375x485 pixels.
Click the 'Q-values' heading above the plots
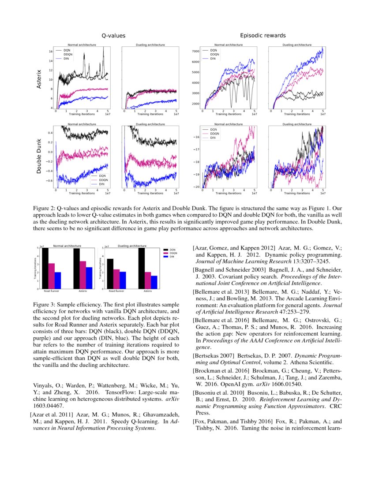[x=113, y=35]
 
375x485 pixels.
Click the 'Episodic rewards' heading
[x=263, y=35]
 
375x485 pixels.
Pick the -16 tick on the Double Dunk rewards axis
[x=197, y=137]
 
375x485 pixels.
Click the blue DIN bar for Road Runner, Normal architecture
[x=57, y=280]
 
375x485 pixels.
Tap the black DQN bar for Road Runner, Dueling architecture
[x=110, y=273]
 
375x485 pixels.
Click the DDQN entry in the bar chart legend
[x=173, y=254]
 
